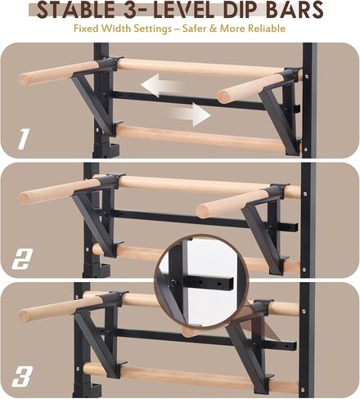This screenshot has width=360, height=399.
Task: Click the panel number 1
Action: pyautogui.click(x=24, y=140)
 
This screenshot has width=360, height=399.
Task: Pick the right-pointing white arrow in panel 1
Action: pyautogui.click(x=191, y=114)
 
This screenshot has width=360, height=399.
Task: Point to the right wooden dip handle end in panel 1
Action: pyautogui.click(x=228, y=95)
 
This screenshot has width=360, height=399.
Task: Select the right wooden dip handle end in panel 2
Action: pyautogui.click(x=206, y=210)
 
